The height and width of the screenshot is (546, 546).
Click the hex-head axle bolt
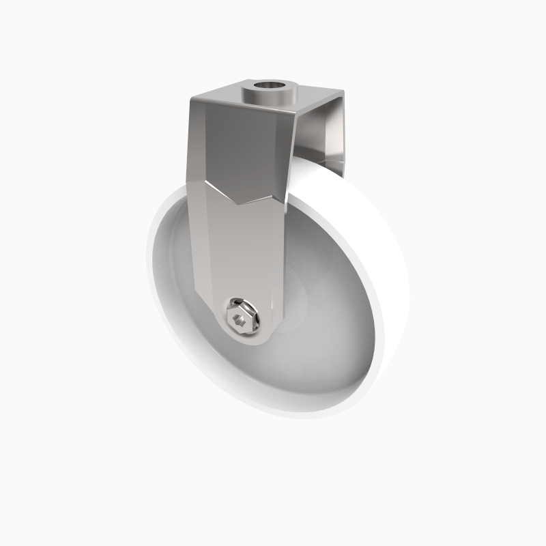[x=244, y=315]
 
